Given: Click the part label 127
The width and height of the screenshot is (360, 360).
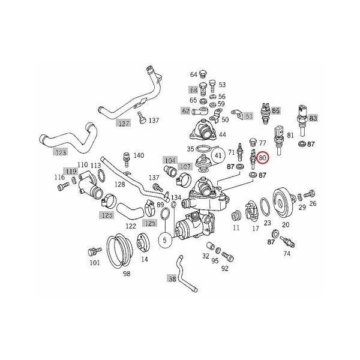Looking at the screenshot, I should click(123, 124).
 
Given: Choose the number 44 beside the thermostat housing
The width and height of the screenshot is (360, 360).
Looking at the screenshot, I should click(222, 135).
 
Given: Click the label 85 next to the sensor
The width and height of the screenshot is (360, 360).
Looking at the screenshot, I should click(276, 111).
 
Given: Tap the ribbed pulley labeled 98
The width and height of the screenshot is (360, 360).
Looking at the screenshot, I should click(119, 252).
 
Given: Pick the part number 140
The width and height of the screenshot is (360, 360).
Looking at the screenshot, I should click(139, 156).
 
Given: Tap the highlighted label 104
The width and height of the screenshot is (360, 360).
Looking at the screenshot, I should click(170, 160).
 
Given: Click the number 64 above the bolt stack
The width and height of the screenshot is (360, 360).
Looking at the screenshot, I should click(194, 74).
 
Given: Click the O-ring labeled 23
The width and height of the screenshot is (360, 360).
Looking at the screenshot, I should click(263, 208).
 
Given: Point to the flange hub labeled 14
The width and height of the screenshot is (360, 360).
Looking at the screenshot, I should click(143, 246).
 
